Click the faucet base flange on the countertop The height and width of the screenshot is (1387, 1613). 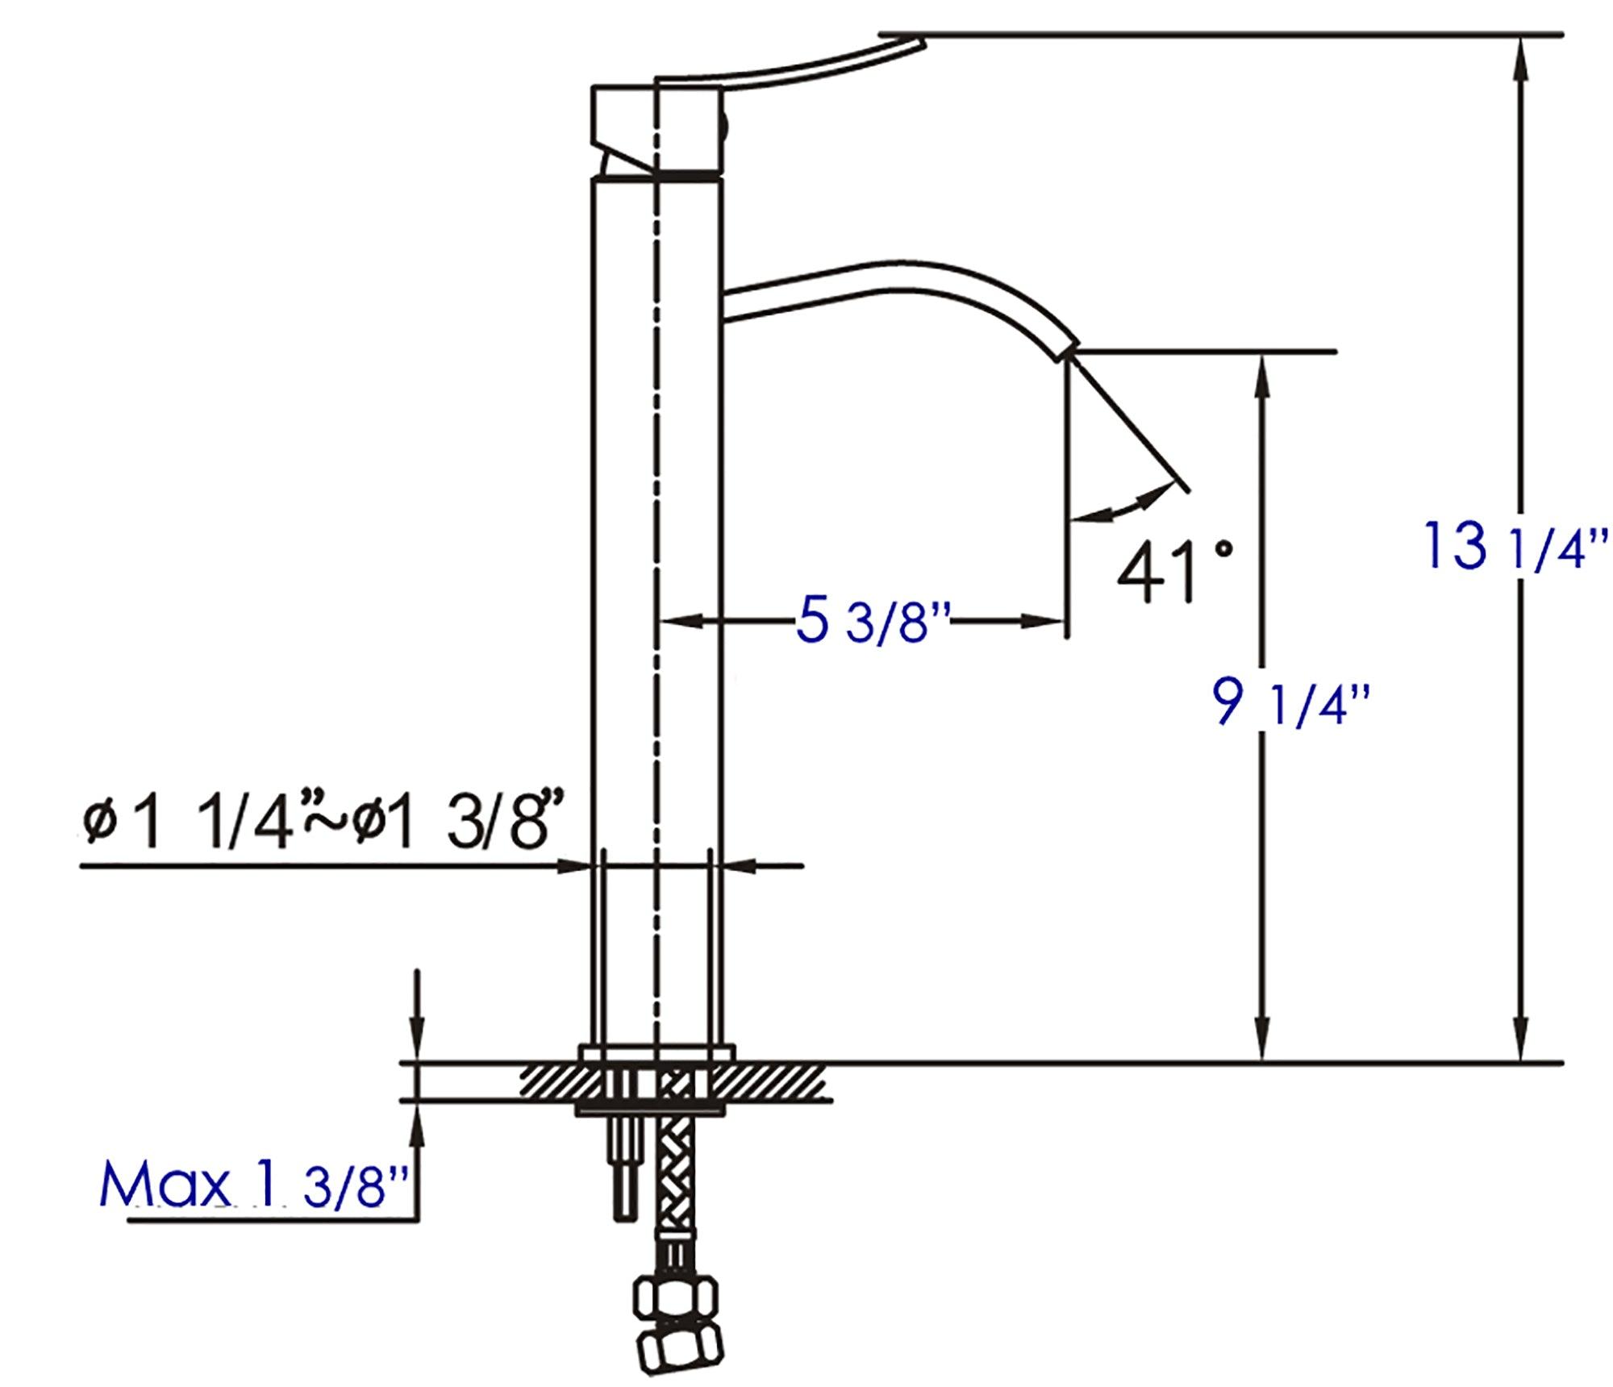[656, 1054]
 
